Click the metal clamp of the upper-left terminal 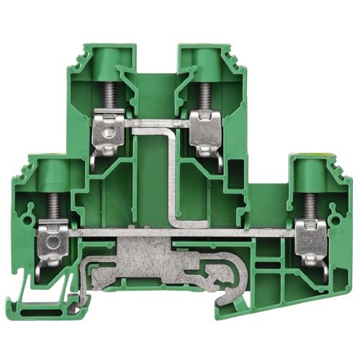111,130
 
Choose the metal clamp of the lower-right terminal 312,238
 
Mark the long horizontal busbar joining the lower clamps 180,233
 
